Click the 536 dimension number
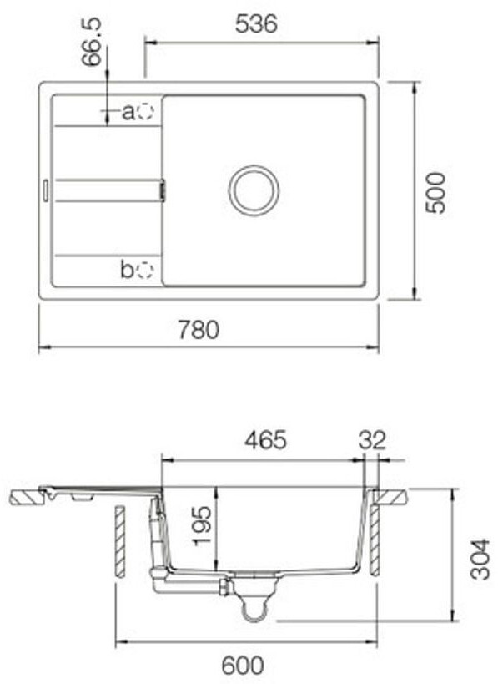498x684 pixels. [x=256, y=23]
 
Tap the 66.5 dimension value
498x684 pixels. [x=92, y=42]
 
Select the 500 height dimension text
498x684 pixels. [x=435, y=193]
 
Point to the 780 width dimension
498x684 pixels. [x=199, y=330]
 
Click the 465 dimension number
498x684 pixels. [x=266, y=439]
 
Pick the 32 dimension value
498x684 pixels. [x=373, y=440]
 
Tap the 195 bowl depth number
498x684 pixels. [x=203, y=525]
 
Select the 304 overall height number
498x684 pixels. [x=480, y=560]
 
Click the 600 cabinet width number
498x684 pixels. [x=243, y=666]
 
